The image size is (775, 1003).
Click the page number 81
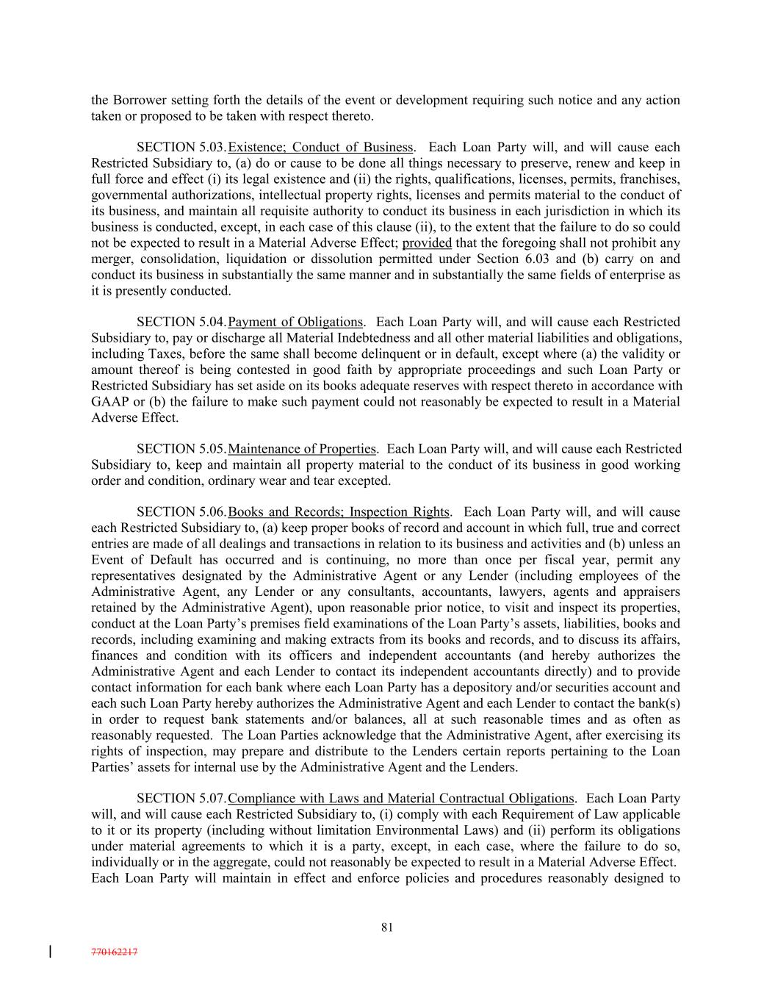point(387,927)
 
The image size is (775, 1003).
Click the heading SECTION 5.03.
point(181,147)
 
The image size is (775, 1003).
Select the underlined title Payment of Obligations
point(295,322)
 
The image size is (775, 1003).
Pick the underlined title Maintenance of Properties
point(302,449)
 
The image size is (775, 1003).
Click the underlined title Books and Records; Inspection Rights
point(339,512)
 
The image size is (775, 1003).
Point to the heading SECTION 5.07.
point(181,799)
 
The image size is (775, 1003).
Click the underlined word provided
point(427,243)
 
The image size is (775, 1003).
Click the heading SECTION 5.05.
point(181,449)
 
